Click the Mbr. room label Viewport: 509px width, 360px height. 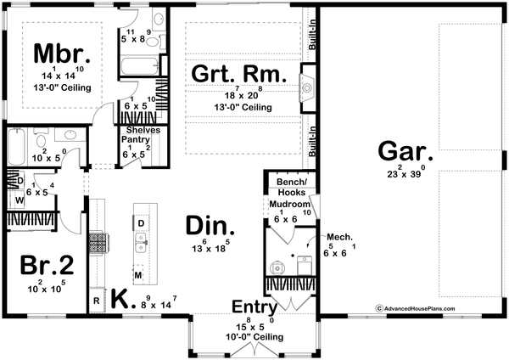59,53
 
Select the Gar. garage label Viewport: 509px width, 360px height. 405,155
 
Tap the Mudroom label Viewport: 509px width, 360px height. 288,205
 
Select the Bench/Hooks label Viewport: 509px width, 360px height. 288,187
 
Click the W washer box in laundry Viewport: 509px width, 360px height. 19,200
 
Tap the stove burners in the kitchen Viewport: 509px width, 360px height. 98,245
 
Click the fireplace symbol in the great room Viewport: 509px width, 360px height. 307,85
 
